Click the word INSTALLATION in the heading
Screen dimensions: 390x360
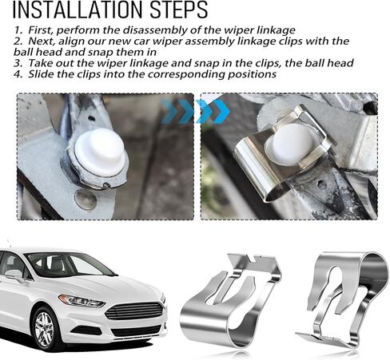pos(78,10)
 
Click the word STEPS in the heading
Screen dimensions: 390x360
pos(179,10)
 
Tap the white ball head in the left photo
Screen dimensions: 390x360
pos(100,152)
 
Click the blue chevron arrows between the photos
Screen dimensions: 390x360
pos(195,111)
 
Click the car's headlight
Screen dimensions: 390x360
pos(81,301)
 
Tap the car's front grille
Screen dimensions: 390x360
pos(133,311)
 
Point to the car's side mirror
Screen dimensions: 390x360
pos(14,275)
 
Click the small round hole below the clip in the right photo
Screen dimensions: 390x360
pos(321,184)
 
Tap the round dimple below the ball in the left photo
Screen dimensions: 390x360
pos(86,199)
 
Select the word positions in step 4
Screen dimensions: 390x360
pos(252,74)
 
